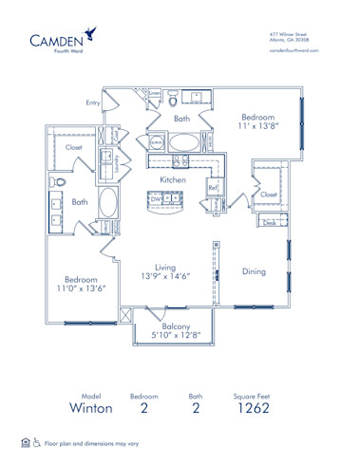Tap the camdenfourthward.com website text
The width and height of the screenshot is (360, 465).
(296, 50)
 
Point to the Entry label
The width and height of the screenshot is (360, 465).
(93, 102)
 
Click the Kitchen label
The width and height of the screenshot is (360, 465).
(172, 178)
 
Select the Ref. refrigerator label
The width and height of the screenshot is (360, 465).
(214, 188)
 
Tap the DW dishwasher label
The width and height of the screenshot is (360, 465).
(154, 198)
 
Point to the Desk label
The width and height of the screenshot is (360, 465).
(271, 223)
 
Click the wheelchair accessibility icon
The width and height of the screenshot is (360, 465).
(36, 442)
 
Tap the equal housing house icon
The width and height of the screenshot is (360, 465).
(25, 442)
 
